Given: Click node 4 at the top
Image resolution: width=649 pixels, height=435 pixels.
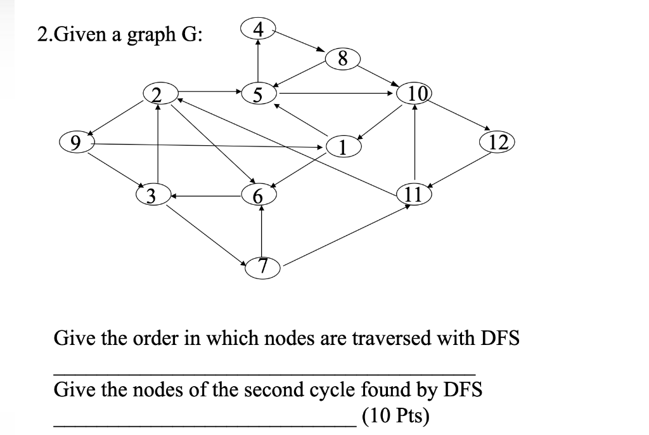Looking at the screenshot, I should click(x=257, y=29).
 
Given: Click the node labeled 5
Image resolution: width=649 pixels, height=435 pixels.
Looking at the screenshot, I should click(x=257, y=94).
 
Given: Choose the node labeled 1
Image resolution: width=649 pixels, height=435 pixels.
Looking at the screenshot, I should click(x=343, y=147).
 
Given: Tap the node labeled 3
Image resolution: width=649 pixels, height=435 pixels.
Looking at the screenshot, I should click(x=152, y=194).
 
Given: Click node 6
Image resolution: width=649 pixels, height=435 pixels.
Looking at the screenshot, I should click(x=257, y=195).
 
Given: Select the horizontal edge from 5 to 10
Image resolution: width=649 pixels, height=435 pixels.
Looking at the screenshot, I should click(x=336, y=94).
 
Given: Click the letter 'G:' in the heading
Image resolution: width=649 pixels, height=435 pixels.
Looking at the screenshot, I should click(x=193, y=34).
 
